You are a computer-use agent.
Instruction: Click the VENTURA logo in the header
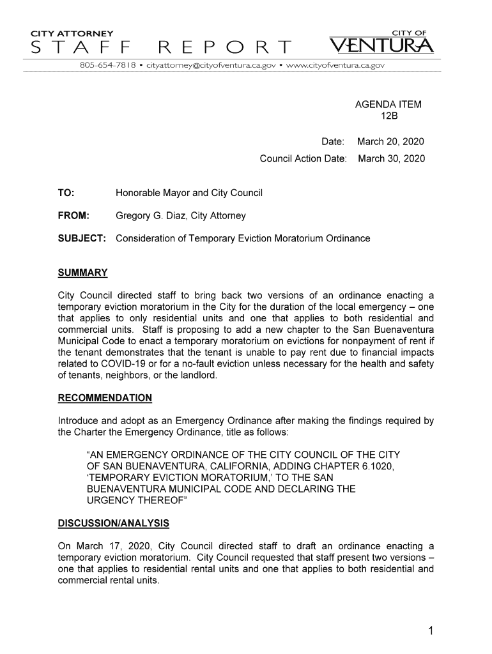(387, 45)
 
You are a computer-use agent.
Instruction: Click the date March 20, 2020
(391, 141)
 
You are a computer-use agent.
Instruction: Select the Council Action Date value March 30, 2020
(391, 158)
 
